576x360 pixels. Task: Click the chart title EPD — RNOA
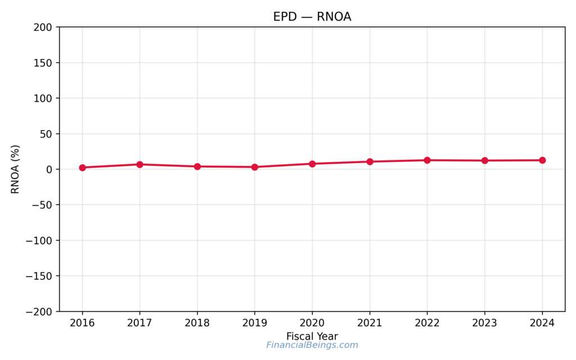click(312, 17)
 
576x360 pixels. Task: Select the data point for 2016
click(82, 168)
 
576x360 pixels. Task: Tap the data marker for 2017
click(139, 164)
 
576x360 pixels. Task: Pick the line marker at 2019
click(255, 167)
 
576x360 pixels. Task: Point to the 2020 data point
click(312, 164)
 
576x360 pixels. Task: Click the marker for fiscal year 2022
click(427, 160)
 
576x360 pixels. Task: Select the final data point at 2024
click(542, 160)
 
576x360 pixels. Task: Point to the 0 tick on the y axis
click(49, 169)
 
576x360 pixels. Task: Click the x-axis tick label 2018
click(197, 323)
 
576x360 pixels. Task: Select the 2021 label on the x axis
click(370, 323)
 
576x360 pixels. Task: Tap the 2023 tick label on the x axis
click(485, 323)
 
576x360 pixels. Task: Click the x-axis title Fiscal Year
click(312, 336)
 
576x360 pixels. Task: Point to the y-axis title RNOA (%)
click(15, 169)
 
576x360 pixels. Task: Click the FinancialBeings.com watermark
click(312, 345)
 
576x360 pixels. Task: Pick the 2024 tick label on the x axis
click(542, 323)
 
